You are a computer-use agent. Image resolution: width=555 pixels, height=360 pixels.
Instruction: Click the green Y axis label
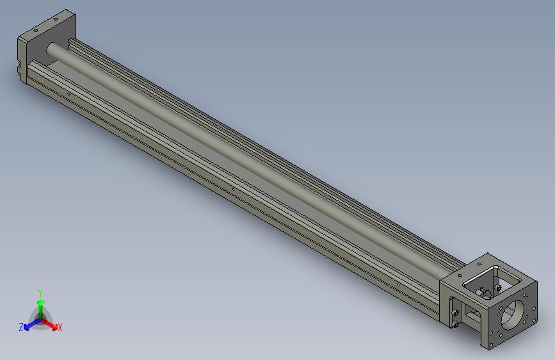pos(40,291)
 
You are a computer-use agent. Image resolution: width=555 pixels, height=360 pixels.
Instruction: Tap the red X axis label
pos(60,328)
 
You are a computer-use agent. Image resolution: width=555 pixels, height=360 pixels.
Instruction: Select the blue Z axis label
pos(21,327)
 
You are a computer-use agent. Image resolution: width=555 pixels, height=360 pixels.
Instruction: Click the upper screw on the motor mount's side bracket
pos(455,312)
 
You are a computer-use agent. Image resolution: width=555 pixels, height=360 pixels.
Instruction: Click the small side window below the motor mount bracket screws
pos(472,314)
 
